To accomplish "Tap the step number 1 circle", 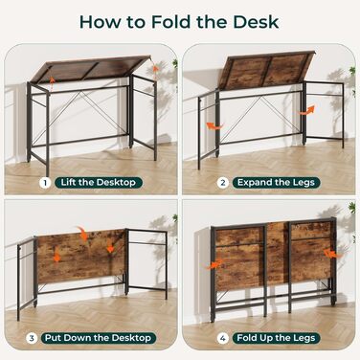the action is [45, 183].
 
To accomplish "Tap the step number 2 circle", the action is [223, 183].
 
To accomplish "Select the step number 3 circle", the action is [32, 338].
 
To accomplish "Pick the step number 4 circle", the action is [223, 338].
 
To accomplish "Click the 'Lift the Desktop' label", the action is [99, 183].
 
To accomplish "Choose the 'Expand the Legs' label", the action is [276, 183].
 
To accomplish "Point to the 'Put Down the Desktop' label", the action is [99, 338].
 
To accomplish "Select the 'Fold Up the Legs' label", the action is [276, 338].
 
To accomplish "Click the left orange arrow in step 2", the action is [214, 126].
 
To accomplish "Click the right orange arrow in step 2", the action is [307, 110].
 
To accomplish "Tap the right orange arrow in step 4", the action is [333, 254].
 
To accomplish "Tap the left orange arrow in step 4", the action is [214, 264].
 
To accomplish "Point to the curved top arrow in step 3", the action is [82, 234].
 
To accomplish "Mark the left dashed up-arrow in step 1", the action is [52, 83].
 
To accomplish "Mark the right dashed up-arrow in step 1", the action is [155, 73].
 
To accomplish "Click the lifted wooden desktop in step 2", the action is [265, 70].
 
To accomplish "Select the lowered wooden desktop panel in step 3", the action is [80, 257].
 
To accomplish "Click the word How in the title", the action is [101, 22].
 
